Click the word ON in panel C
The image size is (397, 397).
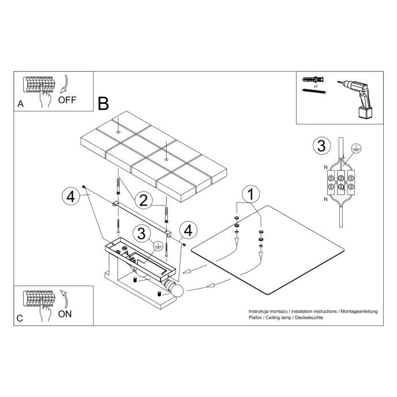click(65, 314)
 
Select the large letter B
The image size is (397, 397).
click(103, 104)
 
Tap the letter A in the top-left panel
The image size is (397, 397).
click(21, 104)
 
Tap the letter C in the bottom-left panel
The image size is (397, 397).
click(20, 319)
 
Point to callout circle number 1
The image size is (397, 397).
click(250, 194)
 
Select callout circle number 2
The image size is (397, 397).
click(144, 200)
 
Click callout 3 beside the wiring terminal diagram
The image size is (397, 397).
click(321, 145)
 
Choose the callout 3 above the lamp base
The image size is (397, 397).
click(141, 234)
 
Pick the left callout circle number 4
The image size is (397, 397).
click(70, 197)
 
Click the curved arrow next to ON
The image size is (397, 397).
click(65, 299)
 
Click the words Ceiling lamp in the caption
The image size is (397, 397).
click(279, 318)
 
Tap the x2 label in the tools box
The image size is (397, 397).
click(316, 85)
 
